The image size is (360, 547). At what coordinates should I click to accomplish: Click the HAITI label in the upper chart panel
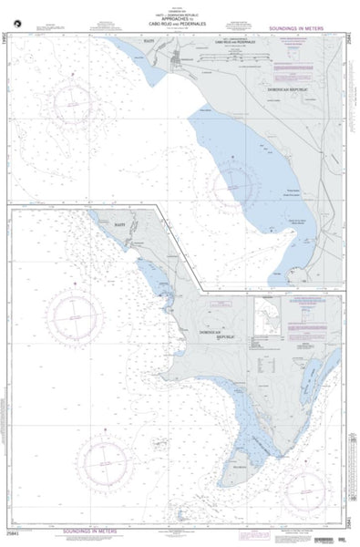(x=149, y=42)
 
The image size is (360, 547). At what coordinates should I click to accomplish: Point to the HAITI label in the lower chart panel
(x=118, y=222)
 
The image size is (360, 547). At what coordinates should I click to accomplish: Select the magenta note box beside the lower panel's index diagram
(x=309, y=315)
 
